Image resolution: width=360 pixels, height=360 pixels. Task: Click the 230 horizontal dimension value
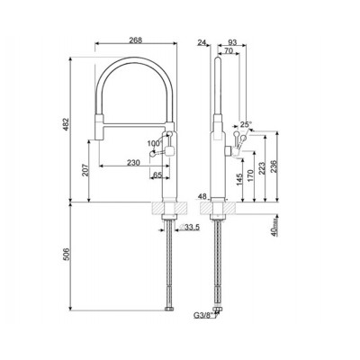click(132, 162)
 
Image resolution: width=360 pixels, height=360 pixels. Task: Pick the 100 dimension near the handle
click(152, 143)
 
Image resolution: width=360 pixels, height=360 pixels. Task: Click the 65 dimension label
click(158, 175)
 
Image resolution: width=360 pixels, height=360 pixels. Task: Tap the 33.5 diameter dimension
click(191, 228)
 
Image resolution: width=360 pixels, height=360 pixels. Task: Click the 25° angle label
click(246, 125)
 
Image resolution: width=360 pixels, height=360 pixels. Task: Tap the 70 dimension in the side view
click(229, 51)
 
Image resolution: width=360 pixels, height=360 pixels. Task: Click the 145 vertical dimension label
click(238, 180)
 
